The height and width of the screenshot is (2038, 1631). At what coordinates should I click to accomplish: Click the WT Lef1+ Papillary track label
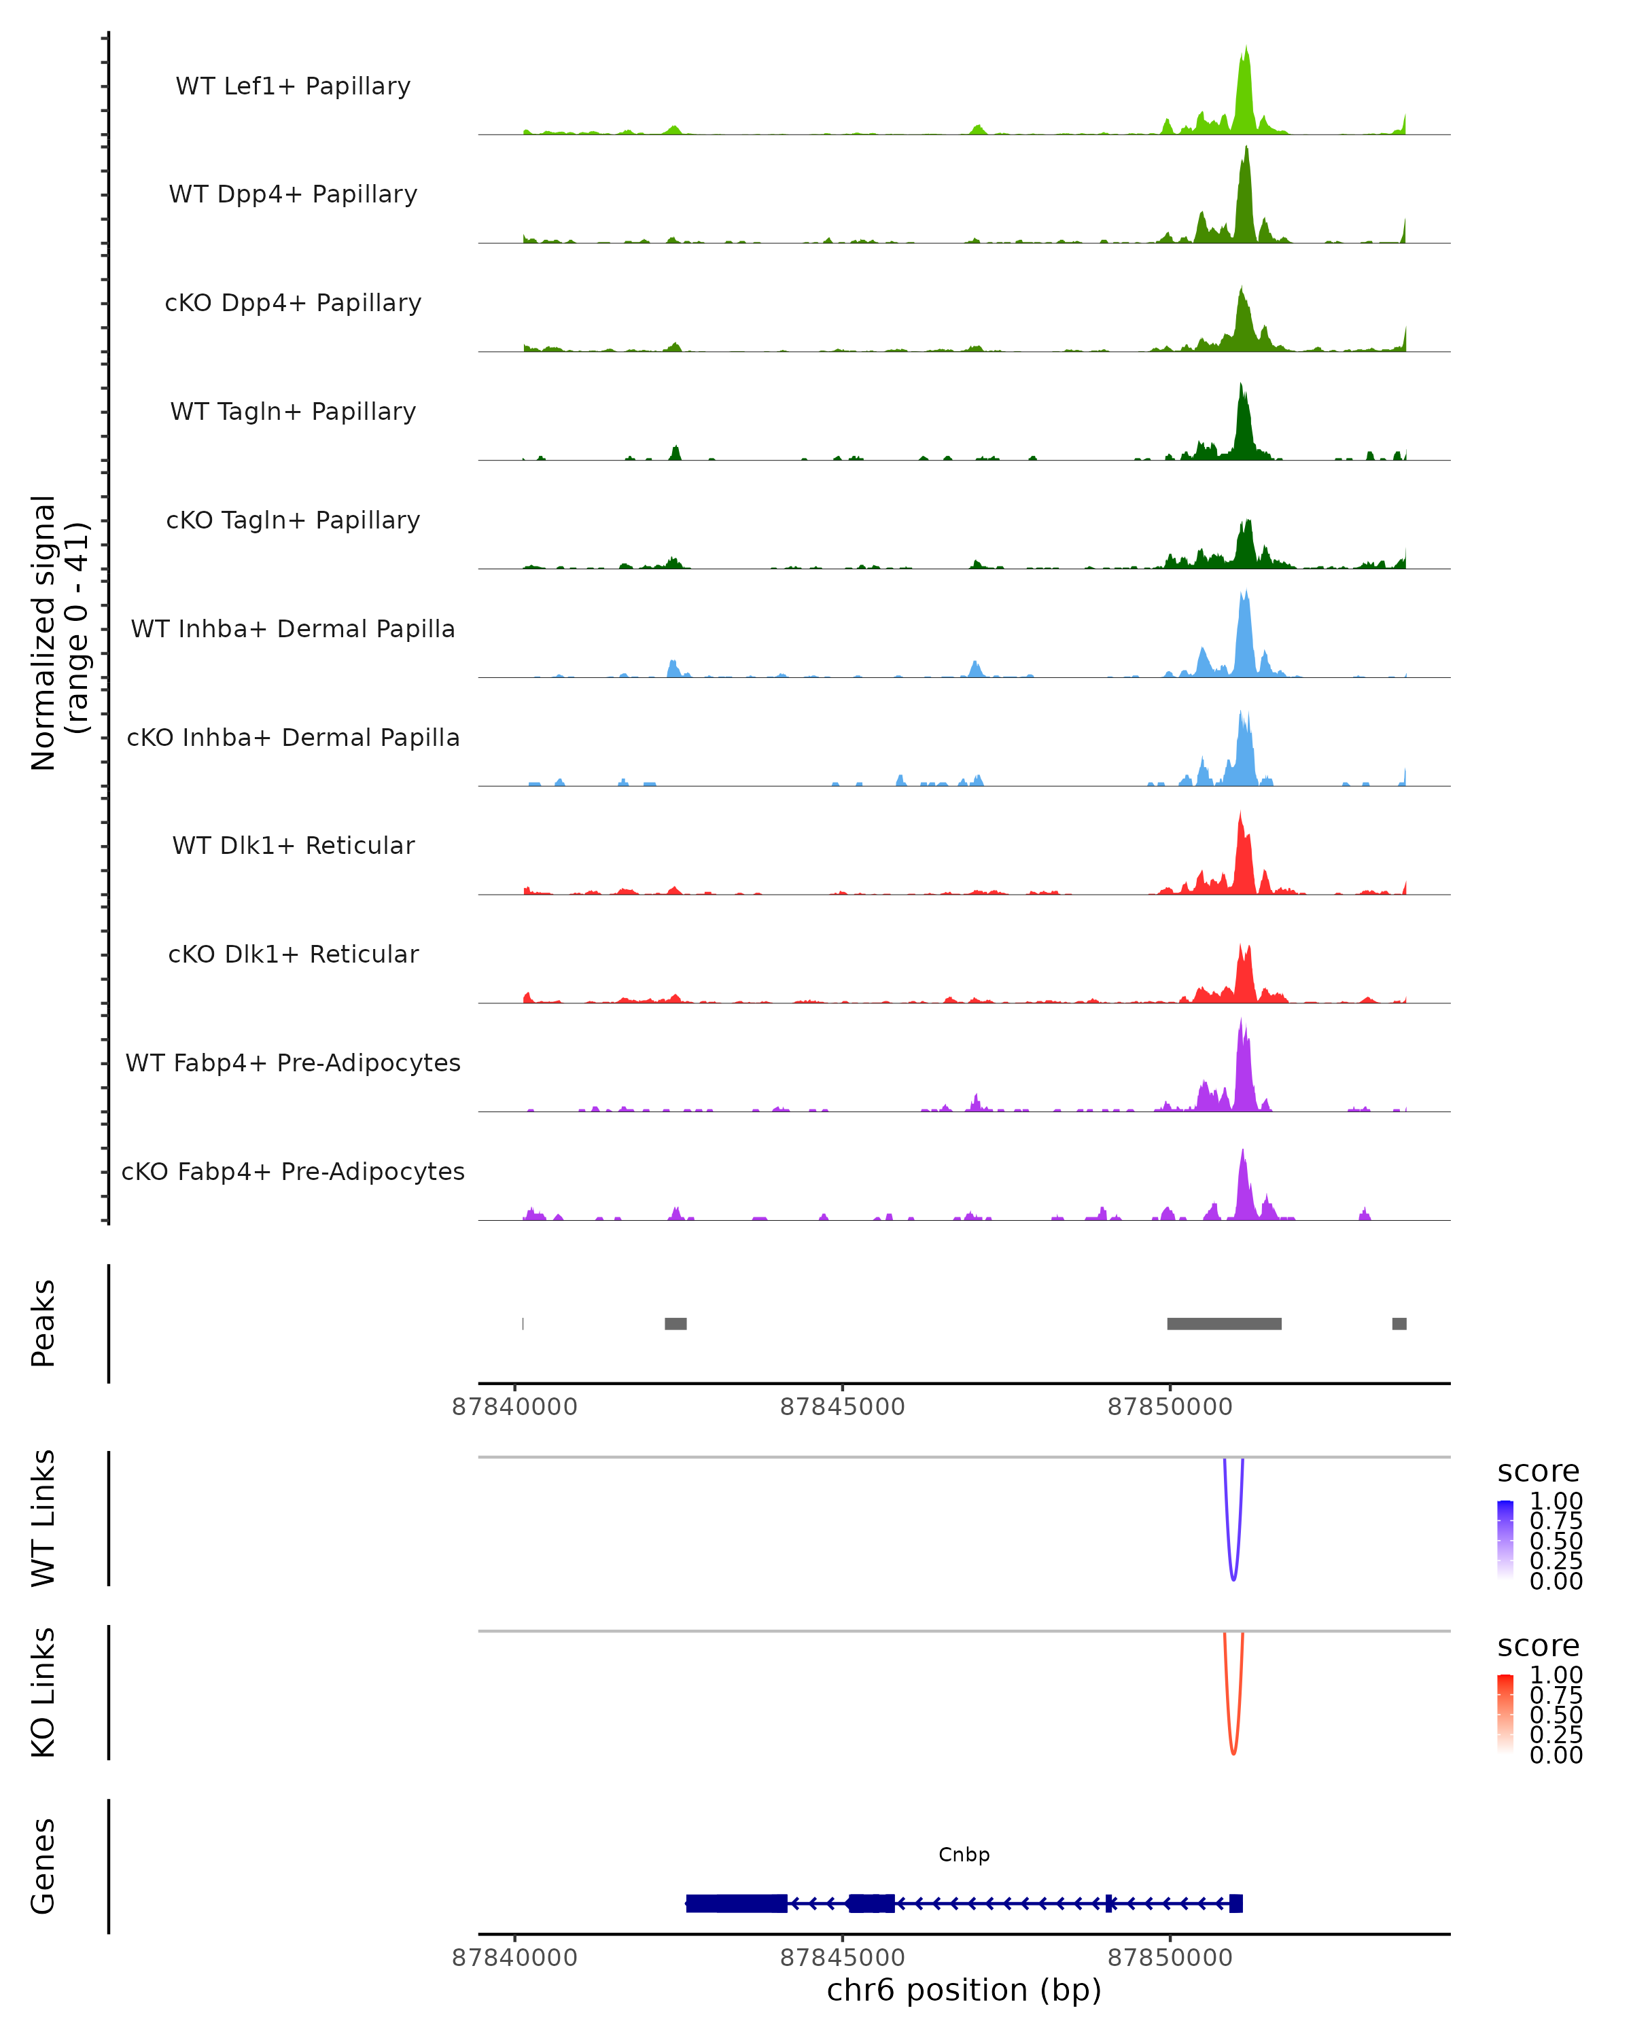pos(293,86)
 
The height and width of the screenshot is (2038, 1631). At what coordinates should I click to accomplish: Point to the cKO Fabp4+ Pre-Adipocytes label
pos(293,1171)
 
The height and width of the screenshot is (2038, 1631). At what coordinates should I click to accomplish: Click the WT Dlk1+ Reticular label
pos(293,845)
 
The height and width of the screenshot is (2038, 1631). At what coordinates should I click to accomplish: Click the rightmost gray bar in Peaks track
pos(1399,1323)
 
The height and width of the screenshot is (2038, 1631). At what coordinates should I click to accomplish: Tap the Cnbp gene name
pos(964,1855)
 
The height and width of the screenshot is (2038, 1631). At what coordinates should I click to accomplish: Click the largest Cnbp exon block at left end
pos(737,1903)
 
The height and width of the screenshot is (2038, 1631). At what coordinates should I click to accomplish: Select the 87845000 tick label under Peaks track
pos(843,1407)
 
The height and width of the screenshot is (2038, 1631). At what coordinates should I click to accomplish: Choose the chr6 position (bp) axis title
pos(964,1990)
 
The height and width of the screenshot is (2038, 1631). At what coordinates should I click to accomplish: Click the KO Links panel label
pos(43,1692)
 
